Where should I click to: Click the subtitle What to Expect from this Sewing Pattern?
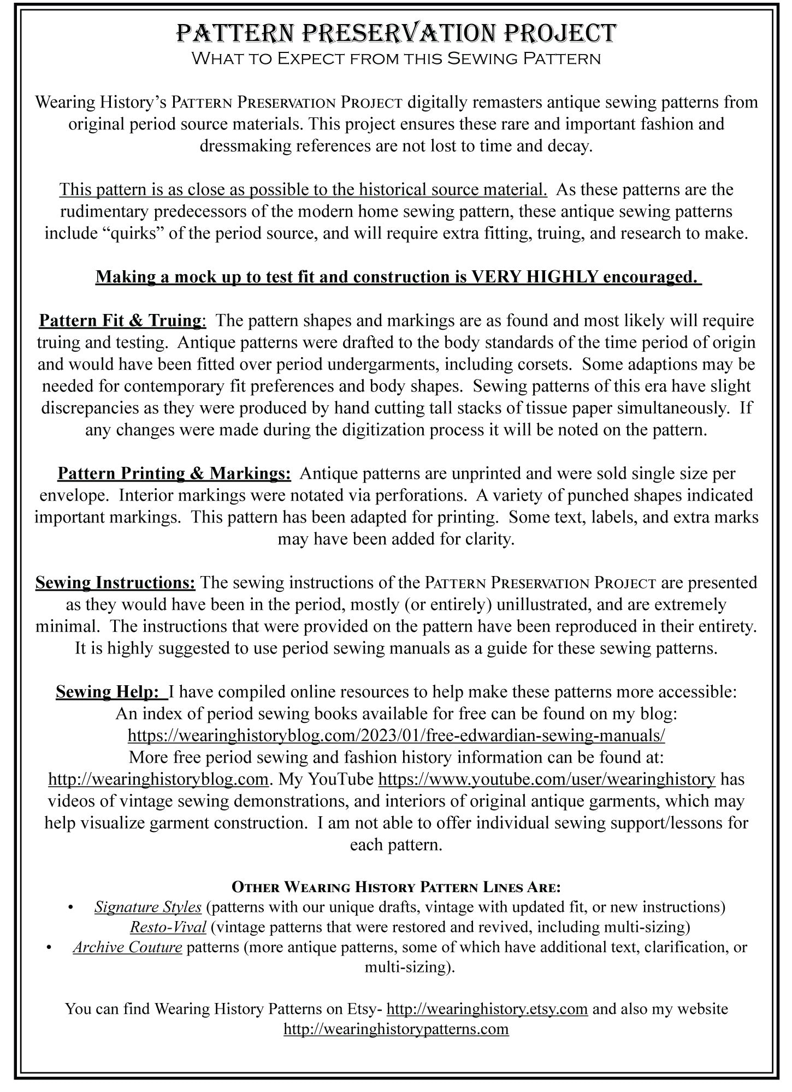pos(396,58)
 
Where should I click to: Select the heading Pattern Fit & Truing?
pos(121,321)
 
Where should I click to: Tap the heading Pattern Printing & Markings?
pos(174,473)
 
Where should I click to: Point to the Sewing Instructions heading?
pos(115,583)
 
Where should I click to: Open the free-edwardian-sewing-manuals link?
pos(396,735)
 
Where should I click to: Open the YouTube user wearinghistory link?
pos(546,779)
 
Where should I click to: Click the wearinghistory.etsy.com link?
pos(487,1008)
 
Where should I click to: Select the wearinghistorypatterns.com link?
pos(396,1029)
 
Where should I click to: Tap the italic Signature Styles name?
pos(148,907)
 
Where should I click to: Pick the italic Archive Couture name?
pos(127,947)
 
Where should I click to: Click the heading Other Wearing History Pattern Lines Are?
pos(396,886)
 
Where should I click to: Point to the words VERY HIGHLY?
pos(535,277)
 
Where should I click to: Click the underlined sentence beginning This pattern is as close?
pos(303,189)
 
